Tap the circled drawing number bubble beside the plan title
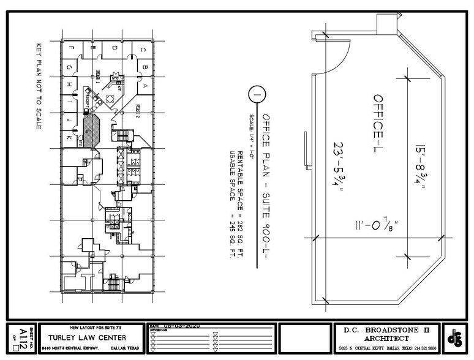[x=257, y=96]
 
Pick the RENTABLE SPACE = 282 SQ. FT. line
[x=241, y=183]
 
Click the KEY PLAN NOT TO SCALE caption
[x=39, y=86]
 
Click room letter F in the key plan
[x=72, y=47]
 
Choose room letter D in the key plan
[x=114, y=47]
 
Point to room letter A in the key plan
[x=145, y=86]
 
